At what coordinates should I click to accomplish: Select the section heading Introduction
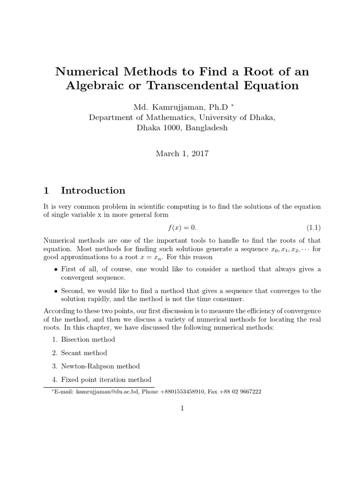(93, 190)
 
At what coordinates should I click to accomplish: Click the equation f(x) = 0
(182, 228)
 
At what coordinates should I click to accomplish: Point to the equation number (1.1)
(314, 228)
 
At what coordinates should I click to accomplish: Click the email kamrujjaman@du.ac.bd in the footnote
(102, 392)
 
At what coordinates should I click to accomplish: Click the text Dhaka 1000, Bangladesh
(182, 127)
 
